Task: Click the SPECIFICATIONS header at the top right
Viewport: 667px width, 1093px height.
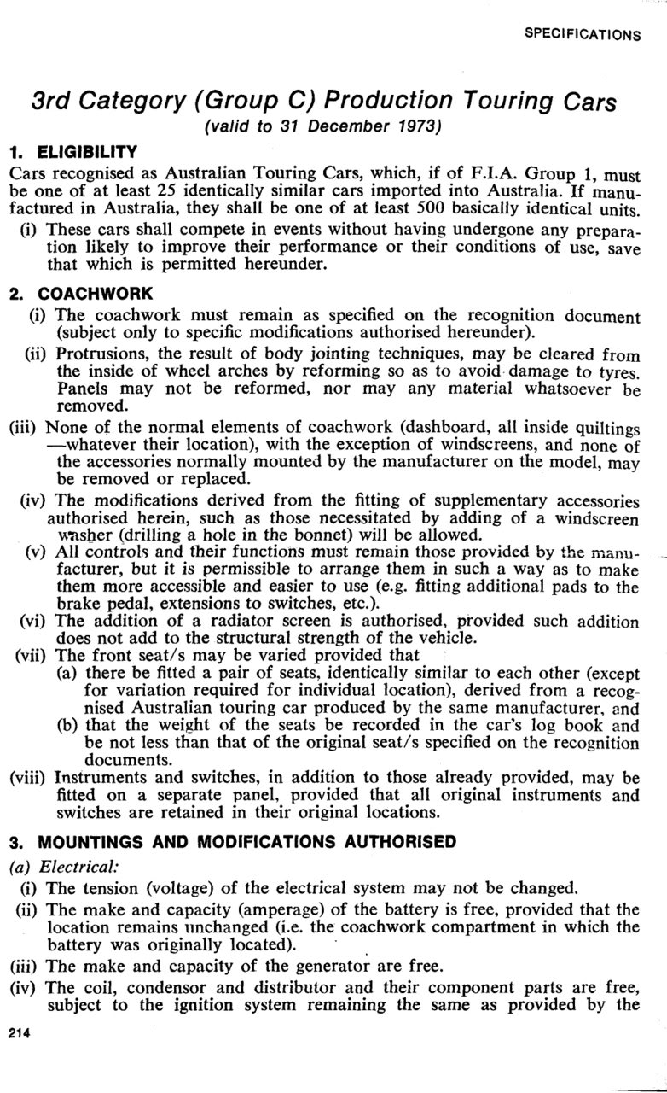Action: (583, 35)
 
